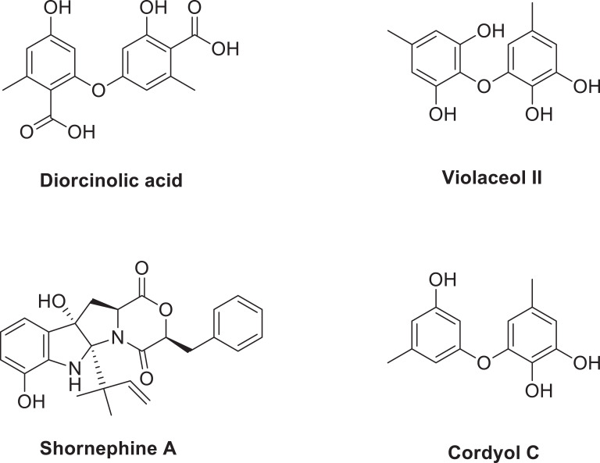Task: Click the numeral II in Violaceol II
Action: click(534, 177)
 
